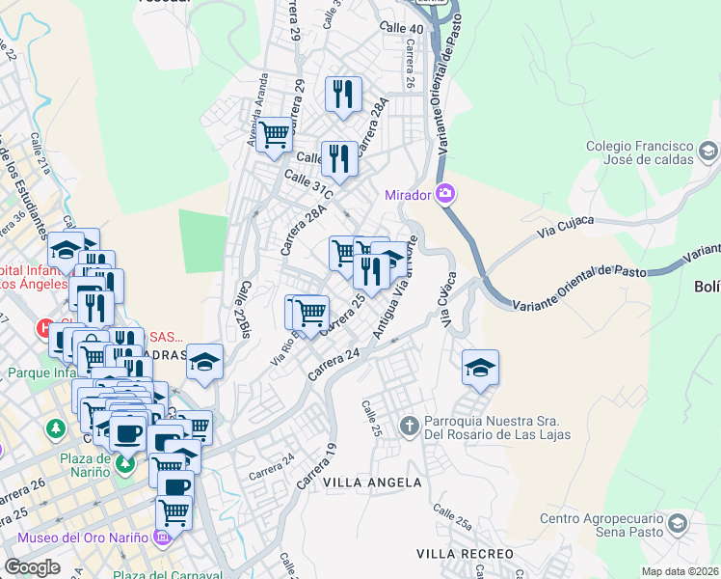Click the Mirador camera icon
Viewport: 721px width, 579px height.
[445, 194]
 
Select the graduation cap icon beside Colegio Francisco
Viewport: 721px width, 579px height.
[708, 151]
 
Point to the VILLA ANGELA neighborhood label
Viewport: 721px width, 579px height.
[372, 482]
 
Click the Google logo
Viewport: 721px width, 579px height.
[32, 567]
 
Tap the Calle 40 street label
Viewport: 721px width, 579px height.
[402, 29]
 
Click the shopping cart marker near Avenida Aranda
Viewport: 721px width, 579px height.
[275, 134]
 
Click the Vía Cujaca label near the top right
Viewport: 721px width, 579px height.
[560, 233]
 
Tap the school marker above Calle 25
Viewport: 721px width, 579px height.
[480, 368]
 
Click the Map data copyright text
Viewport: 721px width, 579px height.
[681, 571]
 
